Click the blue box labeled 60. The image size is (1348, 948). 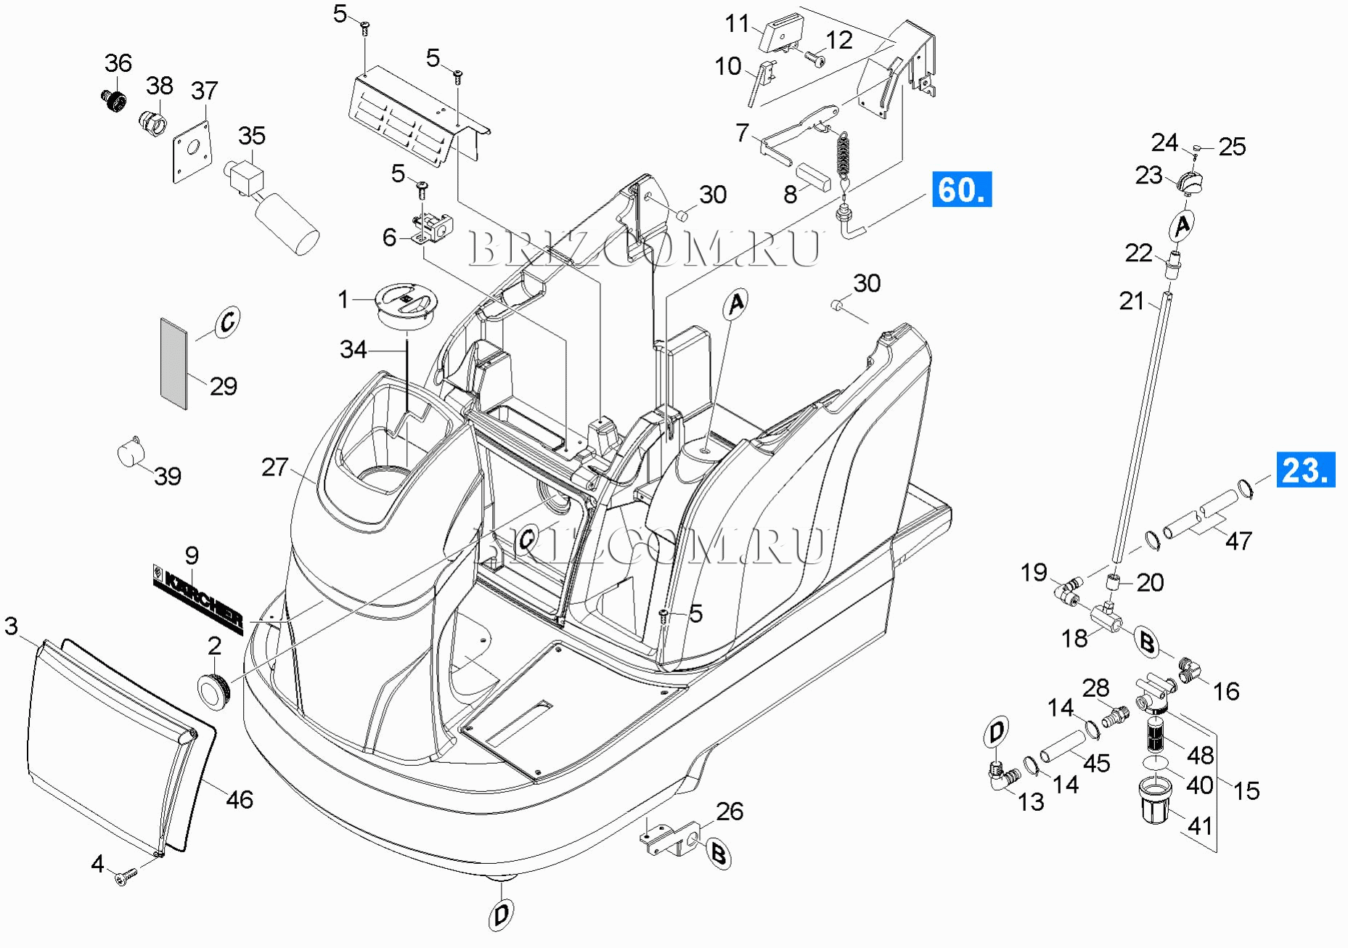[x=961, y=189]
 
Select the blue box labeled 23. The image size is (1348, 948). [x=1305, y=470]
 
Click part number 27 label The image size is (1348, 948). [x=274, y=467]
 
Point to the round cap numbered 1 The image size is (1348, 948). [x=407, y=303]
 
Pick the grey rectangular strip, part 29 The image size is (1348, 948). [x=173, y=363]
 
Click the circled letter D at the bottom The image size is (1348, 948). [x=501, y=915]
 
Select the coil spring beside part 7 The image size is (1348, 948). [x=843, y=156]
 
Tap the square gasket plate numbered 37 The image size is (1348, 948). [x=192, y=151]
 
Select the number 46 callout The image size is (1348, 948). [x=240, y=800]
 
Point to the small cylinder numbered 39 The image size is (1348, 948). [x=130, y=453]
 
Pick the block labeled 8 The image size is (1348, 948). [x=814, y=176]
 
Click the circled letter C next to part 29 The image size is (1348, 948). [x=227, y=322]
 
